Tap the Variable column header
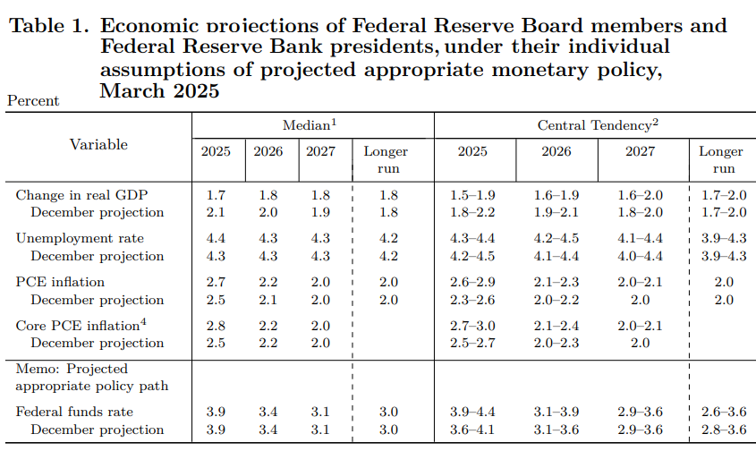(98, 144)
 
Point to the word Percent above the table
(33, 101)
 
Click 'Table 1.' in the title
(48, 27)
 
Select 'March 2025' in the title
(159, 90)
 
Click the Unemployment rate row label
(80, 238)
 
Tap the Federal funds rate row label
(74, 412)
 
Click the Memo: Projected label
(72, 369)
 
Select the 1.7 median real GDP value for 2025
(216, 195)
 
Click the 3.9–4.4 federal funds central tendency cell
(473, 412)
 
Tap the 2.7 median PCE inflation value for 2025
(216, 282)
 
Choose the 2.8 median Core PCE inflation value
(216, 326)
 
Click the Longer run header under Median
(386, 159)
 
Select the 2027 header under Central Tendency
(640, 151)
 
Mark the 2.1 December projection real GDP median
(216, 212)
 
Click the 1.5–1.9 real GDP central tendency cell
(473, 195)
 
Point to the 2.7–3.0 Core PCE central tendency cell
(473, 326)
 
